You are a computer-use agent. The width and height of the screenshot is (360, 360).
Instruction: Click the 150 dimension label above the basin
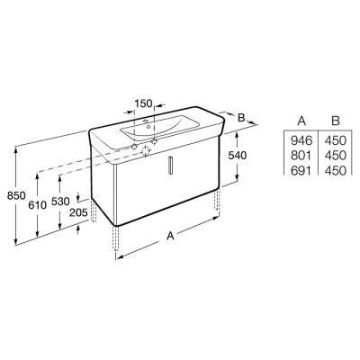point(144,103)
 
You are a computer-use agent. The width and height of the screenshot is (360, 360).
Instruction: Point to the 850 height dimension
point(16,196)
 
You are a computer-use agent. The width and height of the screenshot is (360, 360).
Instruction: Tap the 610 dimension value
point(38,205)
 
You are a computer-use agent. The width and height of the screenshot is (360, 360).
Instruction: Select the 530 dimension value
point(60,202)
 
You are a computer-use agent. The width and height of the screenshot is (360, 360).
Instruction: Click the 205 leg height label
point(78,212)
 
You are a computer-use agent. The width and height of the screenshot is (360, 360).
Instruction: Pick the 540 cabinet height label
point(238,155)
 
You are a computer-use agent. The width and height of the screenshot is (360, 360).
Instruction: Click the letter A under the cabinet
point(170,236)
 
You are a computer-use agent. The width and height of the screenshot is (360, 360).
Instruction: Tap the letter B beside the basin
point(241,118)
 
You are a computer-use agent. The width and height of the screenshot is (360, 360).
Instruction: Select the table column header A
point(301,121)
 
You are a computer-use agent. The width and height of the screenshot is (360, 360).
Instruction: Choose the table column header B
point(336,121)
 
